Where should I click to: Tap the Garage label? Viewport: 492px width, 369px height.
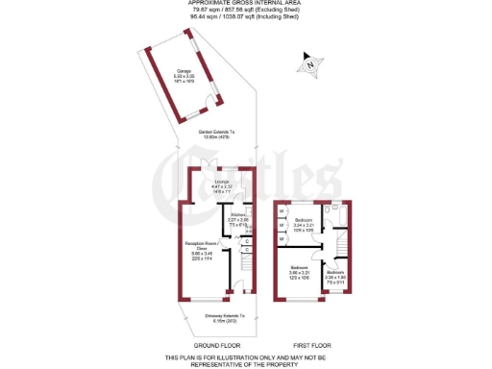coord(184,74)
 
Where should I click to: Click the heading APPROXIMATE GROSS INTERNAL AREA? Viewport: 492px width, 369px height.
coord(246,4)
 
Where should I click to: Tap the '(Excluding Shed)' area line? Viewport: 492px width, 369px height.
coord(246,11)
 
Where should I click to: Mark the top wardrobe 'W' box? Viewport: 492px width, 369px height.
coord(281,210)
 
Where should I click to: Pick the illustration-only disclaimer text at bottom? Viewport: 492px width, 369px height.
coord(246,360)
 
